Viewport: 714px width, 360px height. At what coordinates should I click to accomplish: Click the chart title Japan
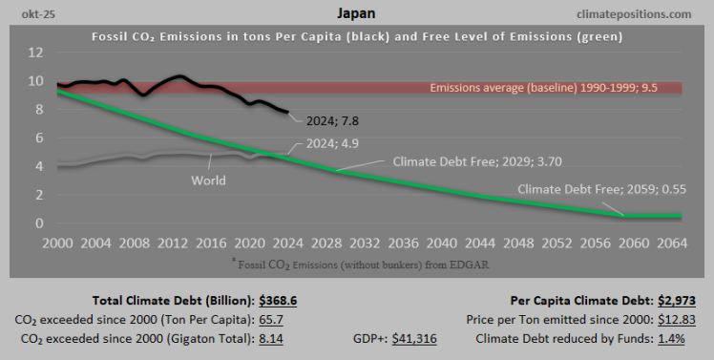coord(356,13)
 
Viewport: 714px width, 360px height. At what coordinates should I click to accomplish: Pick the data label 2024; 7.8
coord(332,121)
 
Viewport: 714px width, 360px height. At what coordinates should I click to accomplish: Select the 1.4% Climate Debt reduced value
coord(682,338)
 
